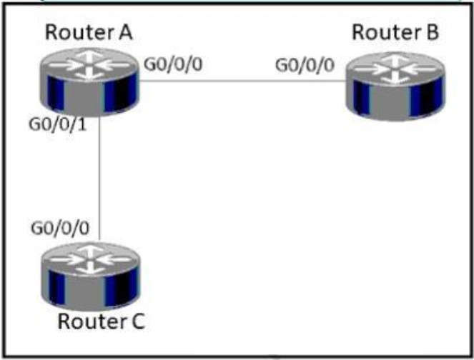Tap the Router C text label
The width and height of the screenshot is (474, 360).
click(x=102, y=321)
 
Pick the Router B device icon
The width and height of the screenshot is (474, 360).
click(x=396, y=84)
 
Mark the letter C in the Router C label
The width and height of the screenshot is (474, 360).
click(x=137, y=321)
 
